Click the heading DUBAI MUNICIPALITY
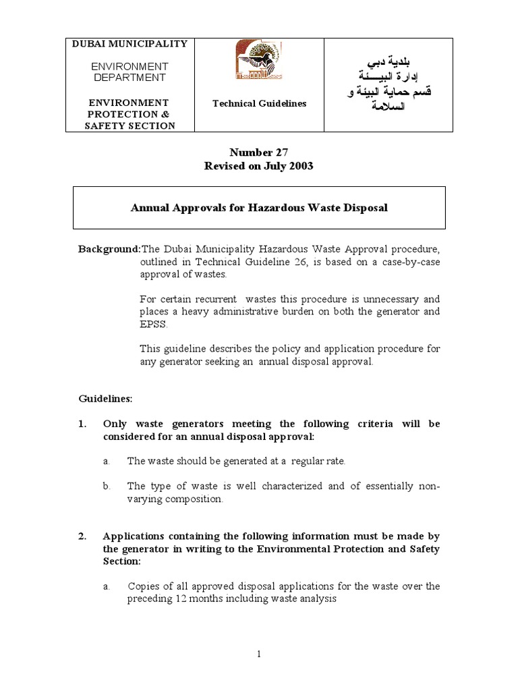129,44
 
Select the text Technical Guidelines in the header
259,103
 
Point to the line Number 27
258,153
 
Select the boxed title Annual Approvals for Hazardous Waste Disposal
258,208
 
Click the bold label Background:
109,249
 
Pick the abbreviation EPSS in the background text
152,324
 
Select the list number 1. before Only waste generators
82,424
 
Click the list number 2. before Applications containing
82,536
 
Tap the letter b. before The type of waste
107,486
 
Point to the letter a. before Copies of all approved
107,586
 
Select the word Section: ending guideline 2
121,561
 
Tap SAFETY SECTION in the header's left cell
129,126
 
